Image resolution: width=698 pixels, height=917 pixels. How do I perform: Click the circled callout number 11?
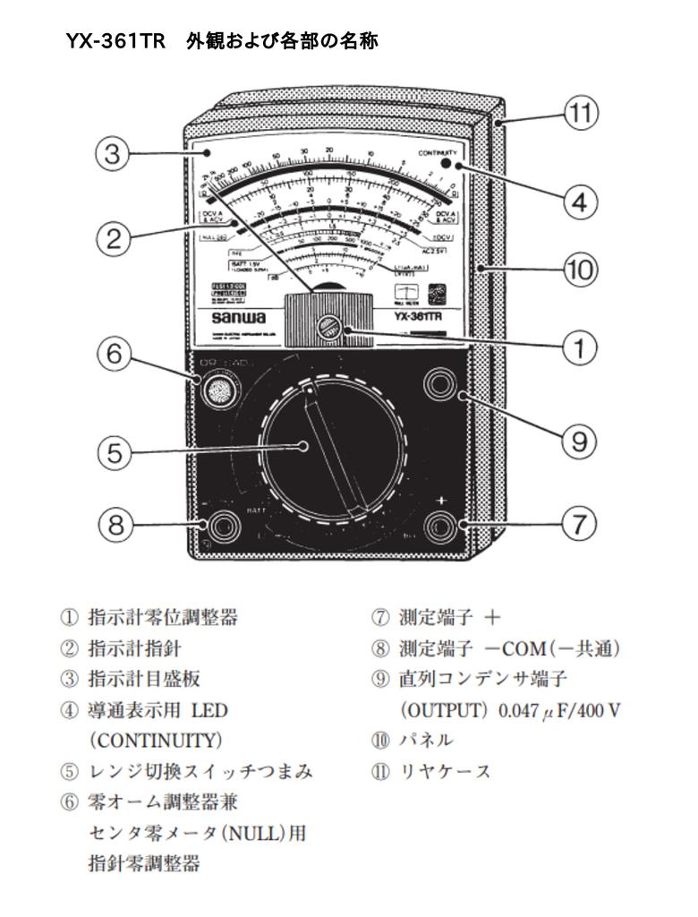point(580,115)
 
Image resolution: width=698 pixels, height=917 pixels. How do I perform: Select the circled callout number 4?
point(580,202)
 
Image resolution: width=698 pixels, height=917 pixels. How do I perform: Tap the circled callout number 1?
point(580,347)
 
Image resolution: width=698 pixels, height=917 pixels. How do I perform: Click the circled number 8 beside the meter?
point(114,524)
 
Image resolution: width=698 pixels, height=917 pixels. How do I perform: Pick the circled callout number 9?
point(580,441)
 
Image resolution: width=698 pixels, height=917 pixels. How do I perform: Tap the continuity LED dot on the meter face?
point(458,166)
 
